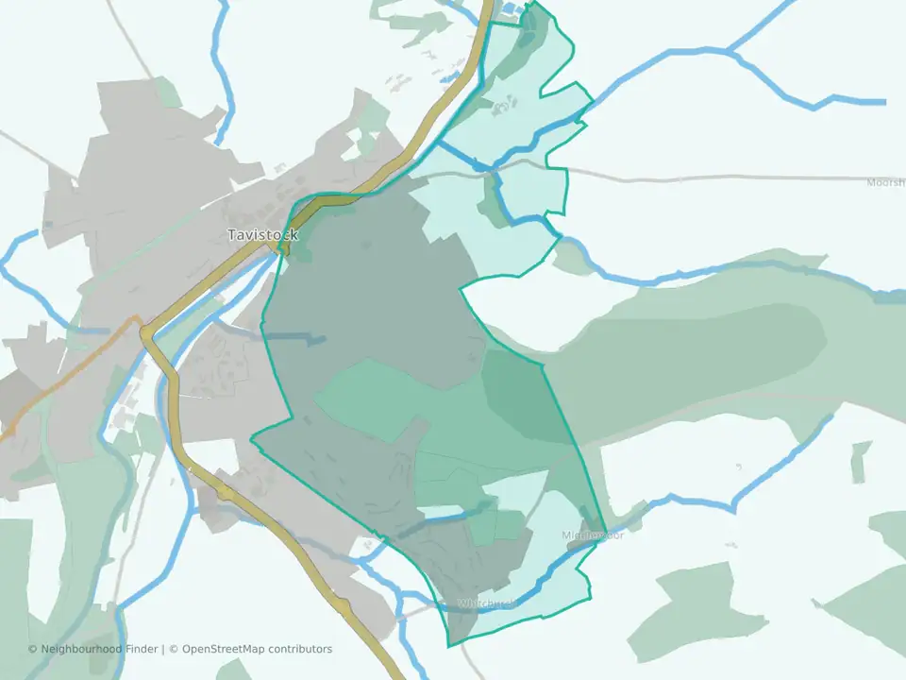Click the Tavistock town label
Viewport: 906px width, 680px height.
point(262,234)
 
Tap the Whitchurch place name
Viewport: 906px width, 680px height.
point(486,603)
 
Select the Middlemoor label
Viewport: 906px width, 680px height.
point(593,535)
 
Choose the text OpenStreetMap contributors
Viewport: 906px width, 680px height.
point(257,649)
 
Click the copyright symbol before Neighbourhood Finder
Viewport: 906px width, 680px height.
point(33,649)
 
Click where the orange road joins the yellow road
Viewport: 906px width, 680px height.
point(142,326)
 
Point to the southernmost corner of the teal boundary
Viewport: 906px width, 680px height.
point(449,646)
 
